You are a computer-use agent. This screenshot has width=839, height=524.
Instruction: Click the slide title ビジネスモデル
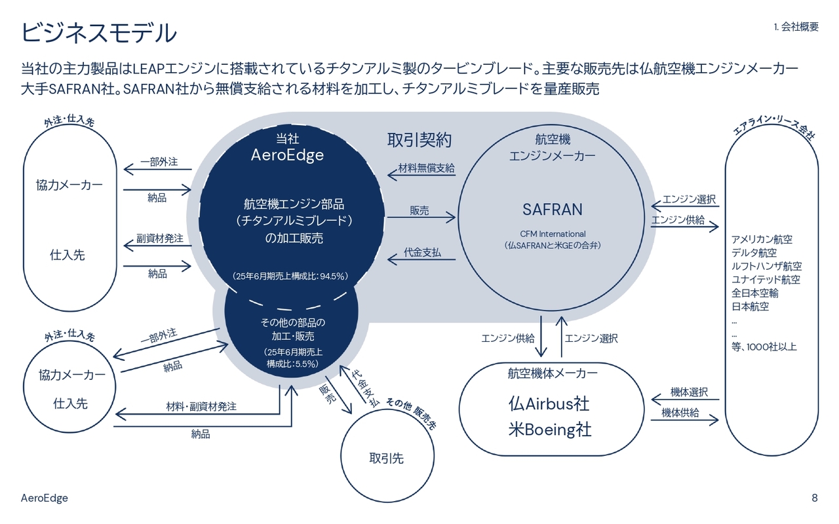point(99,33)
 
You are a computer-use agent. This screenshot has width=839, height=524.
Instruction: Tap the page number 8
point(815,498)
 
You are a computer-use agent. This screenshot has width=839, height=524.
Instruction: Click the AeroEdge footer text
point(45,498)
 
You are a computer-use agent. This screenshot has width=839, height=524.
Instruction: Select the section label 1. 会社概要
point(796,27)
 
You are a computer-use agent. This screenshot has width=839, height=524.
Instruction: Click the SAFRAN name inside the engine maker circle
point(553,209)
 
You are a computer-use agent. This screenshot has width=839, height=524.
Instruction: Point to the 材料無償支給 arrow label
point(426,168)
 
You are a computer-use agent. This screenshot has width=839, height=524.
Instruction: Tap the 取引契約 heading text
point(419,140)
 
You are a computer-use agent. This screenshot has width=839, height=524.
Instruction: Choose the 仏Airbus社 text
point(549,403)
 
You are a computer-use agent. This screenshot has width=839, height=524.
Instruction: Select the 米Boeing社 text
point(549,430)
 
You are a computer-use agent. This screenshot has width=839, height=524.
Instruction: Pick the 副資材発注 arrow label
point(159,238)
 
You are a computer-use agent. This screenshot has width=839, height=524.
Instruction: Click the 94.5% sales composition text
point(290,276)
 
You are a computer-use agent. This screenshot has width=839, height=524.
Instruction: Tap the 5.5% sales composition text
point(292,363)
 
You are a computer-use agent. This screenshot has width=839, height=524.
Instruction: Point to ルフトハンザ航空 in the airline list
point(766,267)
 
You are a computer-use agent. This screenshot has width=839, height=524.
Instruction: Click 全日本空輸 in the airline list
point(754,293)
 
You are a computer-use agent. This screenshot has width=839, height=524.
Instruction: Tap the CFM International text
point(553,234)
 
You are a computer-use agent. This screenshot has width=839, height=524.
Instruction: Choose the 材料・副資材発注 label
point(201,407)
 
